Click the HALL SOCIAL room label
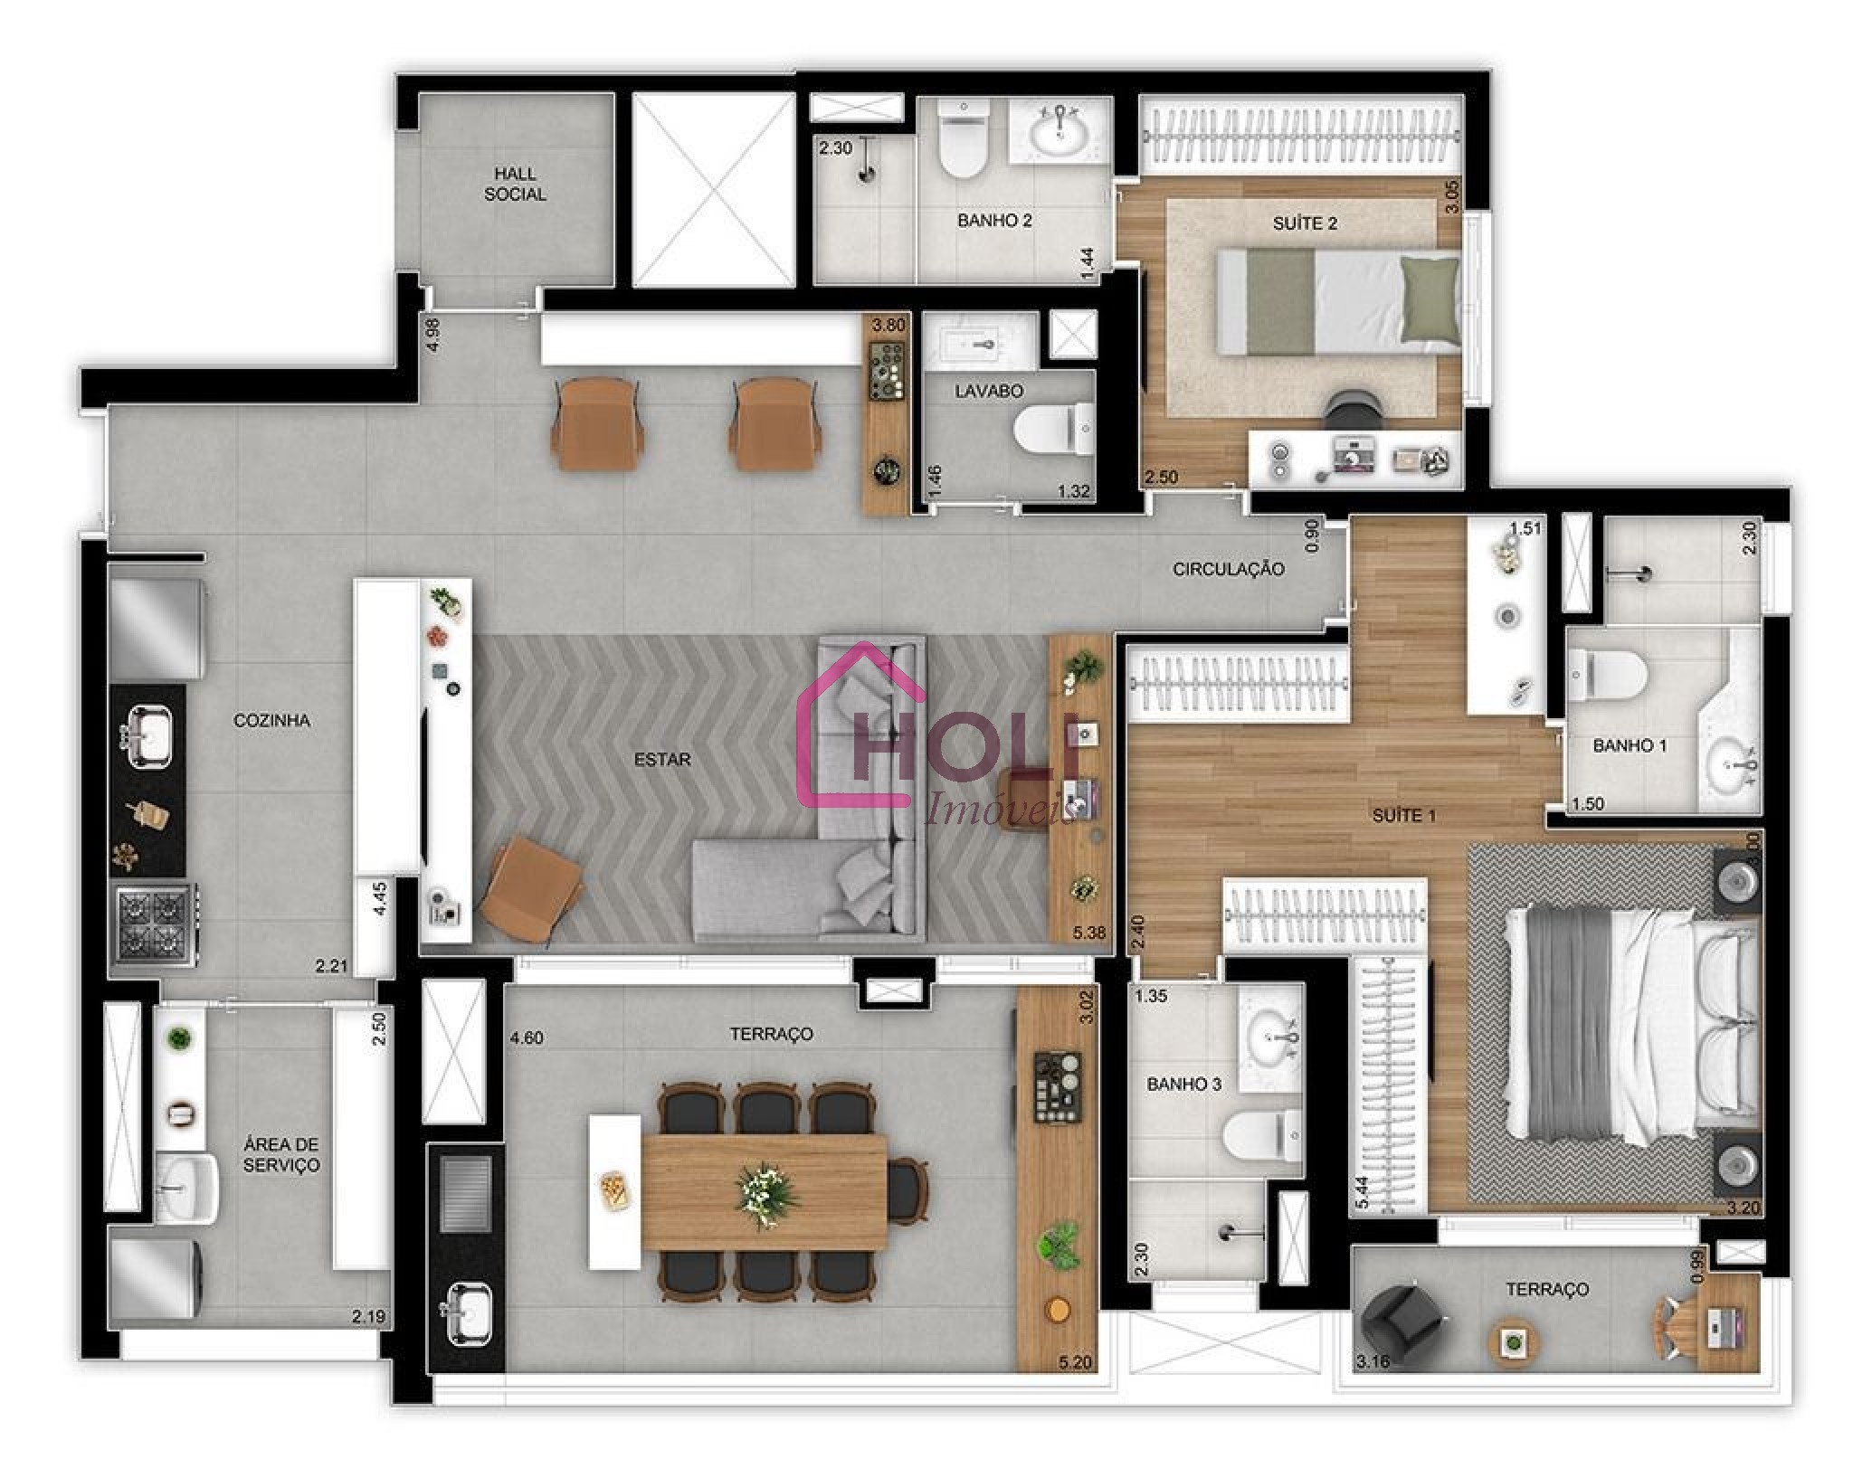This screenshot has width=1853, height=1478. pyautogui.click(x=515, y=184)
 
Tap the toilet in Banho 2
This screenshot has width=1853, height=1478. pyautogui.click(x=962, y=145)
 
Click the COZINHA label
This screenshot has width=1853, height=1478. pyautogui.click(x=271, y=720)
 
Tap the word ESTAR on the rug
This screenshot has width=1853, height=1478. pyautogui.click(x=662, y=760)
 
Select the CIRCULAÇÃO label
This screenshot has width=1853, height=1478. pyautogui.click(x=1228, y=569)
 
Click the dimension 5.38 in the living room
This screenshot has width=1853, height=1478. pyautogui.click(x=1088, y=932)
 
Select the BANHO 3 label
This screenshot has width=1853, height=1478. pyautogui.click(x=1183, y=1084)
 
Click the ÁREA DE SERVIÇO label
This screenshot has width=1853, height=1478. pyautogui.click(x=280, y=1155)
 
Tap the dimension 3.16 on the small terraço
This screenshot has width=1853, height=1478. pyautogui.click(x=1372, y=1386)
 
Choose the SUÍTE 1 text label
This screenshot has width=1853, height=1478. pyautogui.click(x=1403, y=815)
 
